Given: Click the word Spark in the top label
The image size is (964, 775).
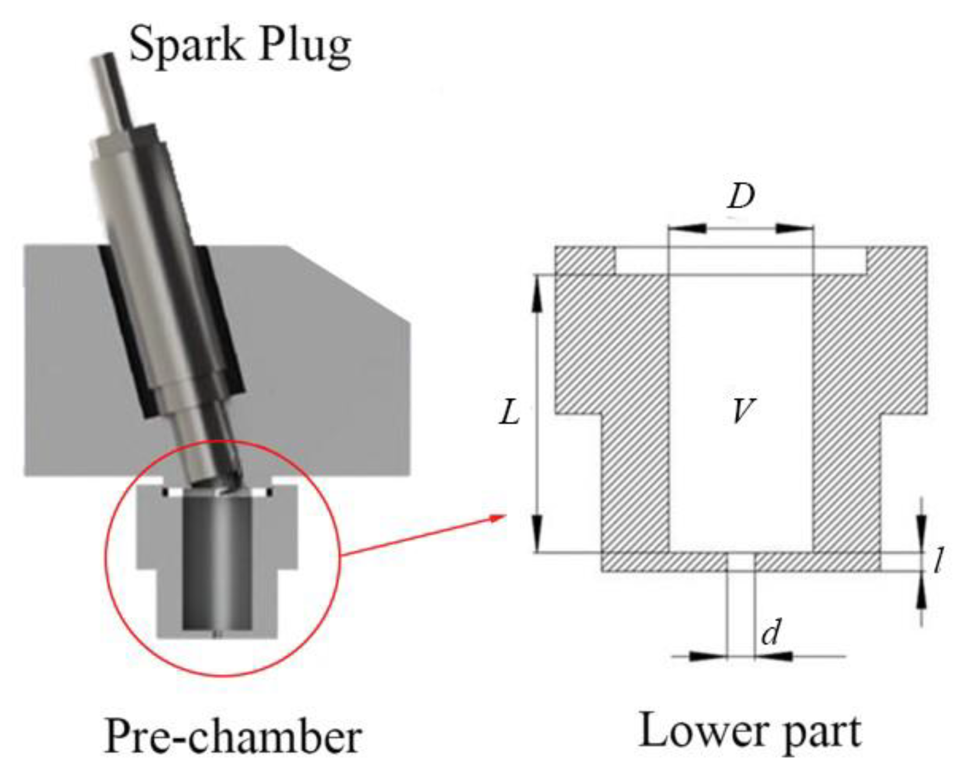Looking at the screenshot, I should click(x=185, y=44).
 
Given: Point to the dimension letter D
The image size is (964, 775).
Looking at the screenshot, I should click(x=741, y=197).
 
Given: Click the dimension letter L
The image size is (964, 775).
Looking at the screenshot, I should click(x=510, y=413).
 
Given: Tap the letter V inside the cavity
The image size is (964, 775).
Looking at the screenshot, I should click(x=741, y=410).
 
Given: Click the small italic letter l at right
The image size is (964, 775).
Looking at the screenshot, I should click(x=938, y=561).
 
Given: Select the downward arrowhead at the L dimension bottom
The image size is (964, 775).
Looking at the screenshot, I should click(x=537, y=533).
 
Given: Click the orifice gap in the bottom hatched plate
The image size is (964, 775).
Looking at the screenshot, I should click(x=741, y=562).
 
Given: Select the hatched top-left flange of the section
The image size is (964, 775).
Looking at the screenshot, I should click(x=584, y=260).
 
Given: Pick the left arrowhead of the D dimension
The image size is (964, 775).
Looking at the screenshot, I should click(x=687, y=228).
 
